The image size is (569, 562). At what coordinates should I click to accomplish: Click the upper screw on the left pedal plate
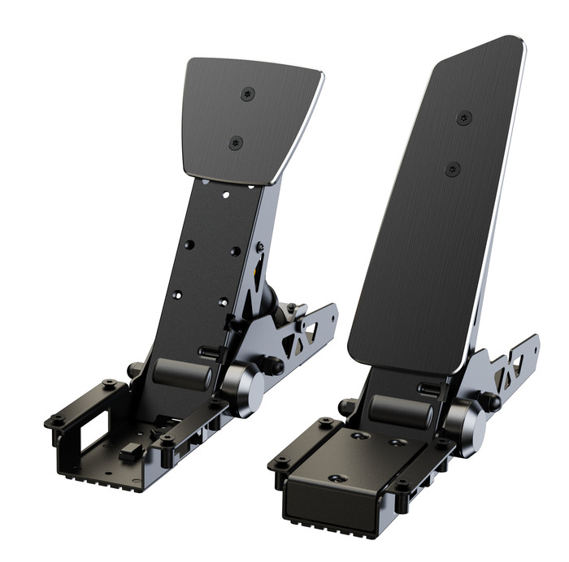tap(248, 94)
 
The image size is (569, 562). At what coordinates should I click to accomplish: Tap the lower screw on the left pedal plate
tap(236, 143)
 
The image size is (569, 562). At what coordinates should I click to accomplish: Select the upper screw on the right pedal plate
tap(464, 118)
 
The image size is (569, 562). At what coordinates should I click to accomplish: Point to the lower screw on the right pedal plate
tap(453, 169)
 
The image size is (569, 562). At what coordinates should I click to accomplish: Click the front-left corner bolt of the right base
tap(279, 463)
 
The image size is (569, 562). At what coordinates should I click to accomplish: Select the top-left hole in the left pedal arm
tap(189, 244)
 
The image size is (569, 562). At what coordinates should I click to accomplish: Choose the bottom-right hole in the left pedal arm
tap(223, 301)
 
